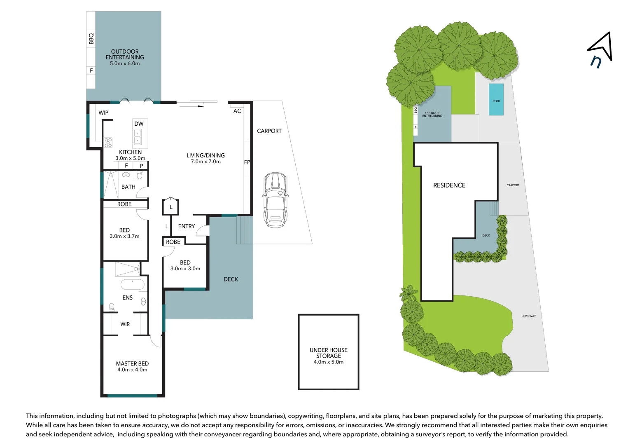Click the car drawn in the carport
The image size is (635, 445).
275,199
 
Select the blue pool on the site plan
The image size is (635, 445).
496,100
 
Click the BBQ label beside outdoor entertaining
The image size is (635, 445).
91,38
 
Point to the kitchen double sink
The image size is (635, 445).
138,137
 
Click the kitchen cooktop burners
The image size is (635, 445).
108,143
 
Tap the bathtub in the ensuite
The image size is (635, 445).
132,284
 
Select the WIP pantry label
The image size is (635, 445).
103,112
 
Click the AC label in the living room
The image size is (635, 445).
237,111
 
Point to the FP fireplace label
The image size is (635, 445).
247,162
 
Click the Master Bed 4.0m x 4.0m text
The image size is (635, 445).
132,366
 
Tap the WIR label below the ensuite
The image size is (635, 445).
125,324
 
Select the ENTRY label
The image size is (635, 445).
187,226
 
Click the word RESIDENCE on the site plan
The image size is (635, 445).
449,185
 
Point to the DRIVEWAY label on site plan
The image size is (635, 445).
529,316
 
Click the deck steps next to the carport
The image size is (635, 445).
244,230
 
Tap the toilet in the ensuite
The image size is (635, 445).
111,307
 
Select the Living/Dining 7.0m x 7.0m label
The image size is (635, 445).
205,158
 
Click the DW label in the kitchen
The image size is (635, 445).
139,124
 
